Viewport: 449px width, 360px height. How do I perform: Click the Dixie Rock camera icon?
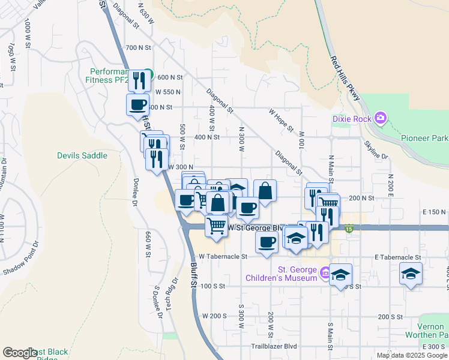point(379,118)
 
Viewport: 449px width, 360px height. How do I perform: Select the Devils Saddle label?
point(82,155)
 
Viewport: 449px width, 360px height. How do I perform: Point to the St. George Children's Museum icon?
point(325,273)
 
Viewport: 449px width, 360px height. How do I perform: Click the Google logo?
point(19,353)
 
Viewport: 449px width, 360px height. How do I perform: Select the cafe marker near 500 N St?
point(137,104)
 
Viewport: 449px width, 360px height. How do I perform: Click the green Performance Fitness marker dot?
point(151,76)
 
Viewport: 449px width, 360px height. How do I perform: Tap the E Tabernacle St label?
point(397,256)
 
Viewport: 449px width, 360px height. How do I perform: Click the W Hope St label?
point(281,120)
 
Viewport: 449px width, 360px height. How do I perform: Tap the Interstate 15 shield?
point(349,228)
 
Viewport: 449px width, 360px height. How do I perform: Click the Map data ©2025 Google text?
point(411,355)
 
